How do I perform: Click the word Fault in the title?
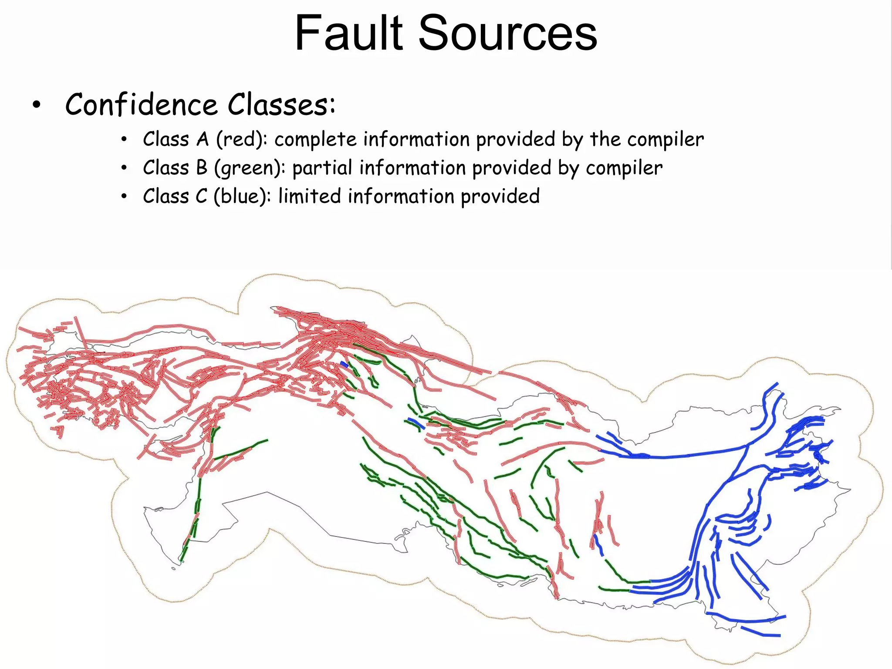pyautogui.click(x=349, y=33)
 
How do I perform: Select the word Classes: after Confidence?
pyautogui.click(x=282, y=105)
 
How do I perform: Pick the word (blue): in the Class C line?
pyautogui.click(x=242, y=196)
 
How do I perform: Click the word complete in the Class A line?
pyautogui.click(x=315, y=140)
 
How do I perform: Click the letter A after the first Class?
pyautogui.click(x=203, y=140)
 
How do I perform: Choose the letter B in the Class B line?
pyautogui.click(x=202, y=168)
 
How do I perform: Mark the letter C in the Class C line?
pyautogui.click(x=201, y=196)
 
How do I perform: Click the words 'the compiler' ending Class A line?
pyautogui.click(x=647, y=140)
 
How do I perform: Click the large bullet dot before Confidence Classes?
pyautogui.click(x=37, y=105)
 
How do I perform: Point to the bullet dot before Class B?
pyautogui.click(x=124, y=169)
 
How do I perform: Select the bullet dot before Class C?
pyautogui.click(x=124, y=197)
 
